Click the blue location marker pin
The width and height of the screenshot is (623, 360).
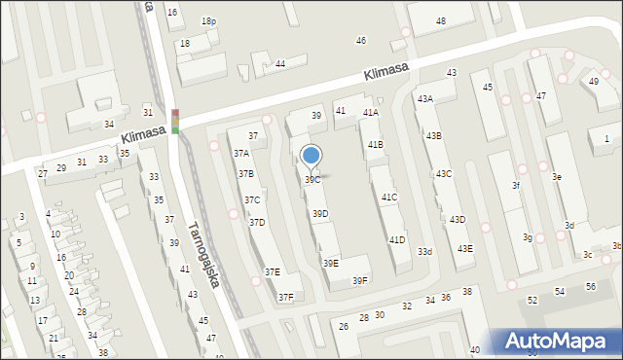coord(311,156)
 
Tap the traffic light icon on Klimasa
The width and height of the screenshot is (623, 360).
coord(175,121)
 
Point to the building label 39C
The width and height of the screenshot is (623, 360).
coord(312,180)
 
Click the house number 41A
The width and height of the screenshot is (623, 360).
coord(371,113)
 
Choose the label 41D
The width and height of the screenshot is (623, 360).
coord(397,239)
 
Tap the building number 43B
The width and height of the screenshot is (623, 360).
coord(432,136)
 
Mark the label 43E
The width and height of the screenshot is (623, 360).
coord(465,249)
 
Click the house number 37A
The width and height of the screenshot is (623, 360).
coord(240,153)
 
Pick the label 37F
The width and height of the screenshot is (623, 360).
coord(285,298)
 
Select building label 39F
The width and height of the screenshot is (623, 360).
coord(360,280)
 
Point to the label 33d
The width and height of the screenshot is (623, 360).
coord(425,252)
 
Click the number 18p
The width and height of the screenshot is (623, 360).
coord(208,20)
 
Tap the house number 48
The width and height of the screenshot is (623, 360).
coord(441,20)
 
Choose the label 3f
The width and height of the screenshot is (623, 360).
coord(517,185)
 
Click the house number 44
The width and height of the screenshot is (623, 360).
coord(280,63)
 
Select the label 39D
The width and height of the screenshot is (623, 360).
coord(319,213)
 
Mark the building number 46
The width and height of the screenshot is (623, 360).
coord(361,40)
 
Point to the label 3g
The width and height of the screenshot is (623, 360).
coord(527,237)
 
